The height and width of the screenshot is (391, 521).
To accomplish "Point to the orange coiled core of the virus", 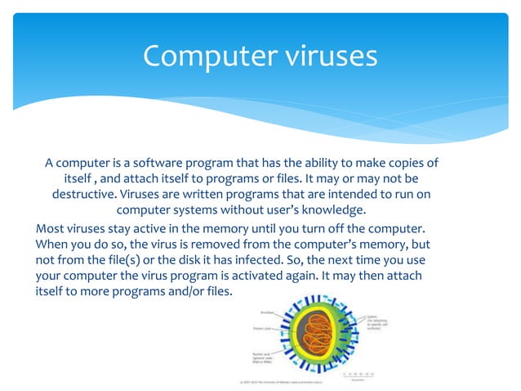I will click(x=309, y=338).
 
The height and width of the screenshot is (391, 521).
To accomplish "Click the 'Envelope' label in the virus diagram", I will click(x=268, y=312).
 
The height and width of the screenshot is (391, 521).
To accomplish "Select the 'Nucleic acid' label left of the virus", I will click(x=263, y=360).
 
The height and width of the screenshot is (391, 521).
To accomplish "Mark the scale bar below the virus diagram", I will click(x=359, y=375).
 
